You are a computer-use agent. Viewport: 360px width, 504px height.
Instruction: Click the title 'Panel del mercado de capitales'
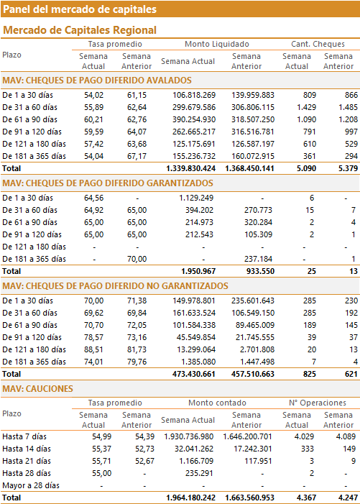coord(80,9)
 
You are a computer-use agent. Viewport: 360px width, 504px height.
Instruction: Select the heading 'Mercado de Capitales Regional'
coord(80,30)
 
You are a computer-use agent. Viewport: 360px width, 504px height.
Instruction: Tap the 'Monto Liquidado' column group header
coord(217,44)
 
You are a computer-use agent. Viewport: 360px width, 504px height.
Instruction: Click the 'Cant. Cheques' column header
coord(318,44)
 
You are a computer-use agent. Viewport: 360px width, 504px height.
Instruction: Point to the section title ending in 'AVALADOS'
coord(97,81)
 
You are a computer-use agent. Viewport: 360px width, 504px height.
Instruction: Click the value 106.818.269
coord(194,95)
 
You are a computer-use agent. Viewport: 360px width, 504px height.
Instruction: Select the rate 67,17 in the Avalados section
coord(137,156)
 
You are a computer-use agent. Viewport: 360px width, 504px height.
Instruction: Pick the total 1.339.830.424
coord(190,168)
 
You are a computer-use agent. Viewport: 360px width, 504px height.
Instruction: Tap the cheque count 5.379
coord(348,168)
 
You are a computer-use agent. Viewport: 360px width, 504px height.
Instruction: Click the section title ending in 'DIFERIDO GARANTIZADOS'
coord(108,183)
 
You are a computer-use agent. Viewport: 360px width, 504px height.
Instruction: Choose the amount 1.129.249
coord(196,198)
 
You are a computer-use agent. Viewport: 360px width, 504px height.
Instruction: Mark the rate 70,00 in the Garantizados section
coord(137,259)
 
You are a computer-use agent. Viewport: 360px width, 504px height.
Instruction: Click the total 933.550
coord(260,271)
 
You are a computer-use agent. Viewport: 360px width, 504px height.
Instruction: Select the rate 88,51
coord(94,349)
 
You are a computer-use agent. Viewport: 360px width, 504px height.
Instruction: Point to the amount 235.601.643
coord(253,301)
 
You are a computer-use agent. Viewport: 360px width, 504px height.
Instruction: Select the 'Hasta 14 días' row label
coord(27,449)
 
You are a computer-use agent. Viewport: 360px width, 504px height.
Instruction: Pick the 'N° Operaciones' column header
coord(318,403)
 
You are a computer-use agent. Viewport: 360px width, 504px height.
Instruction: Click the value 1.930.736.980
coord(189,436)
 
